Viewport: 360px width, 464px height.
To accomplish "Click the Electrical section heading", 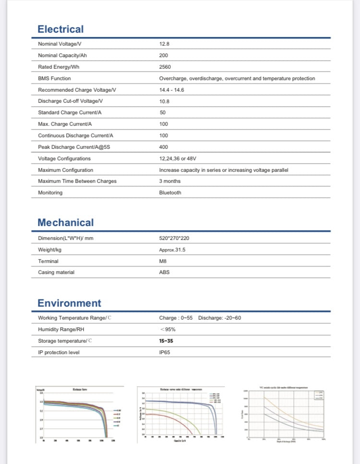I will [60, 29].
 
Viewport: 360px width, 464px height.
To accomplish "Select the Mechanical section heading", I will [66, 223].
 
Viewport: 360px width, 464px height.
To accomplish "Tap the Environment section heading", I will [70, 303].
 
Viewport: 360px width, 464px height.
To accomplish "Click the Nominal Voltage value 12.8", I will [164, 44].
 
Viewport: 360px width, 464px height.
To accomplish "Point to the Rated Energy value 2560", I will [165, 67].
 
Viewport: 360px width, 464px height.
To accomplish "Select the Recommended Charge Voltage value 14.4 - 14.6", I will [172, 90].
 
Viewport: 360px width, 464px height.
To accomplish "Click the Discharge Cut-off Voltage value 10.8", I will [164, 101].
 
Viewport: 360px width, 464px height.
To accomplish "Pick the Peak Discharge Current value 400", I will [164, 147].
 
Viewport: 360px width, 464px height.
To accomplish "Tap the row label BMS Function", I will [54, 78].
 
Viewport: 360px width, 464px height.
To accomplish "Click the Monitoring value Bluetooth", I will [170, 192].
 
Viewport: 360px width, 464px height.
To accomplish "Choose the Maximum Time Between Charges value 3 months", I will [170, 181].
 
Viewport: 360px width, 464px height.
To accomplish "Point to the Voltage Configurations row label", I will [64, 158].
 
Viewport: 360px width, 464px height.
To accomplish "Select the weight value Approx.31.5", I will [172, 250].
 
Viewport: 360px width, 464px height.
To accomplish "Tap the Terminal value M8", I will [163, 261].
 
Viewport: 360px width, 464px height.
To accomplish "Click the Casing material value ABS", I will [164, 273].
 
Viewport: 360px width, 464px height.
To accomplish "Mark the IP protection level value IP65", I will [165, 352].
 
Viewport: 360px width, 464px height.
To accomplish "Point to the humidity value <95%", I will [168, 329].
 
